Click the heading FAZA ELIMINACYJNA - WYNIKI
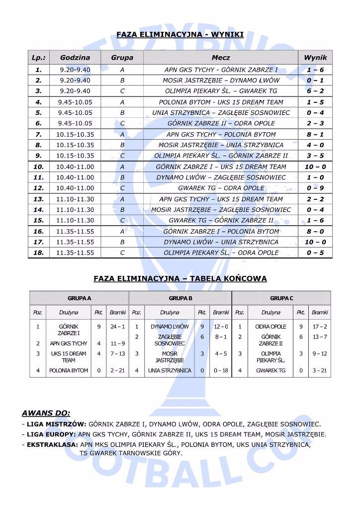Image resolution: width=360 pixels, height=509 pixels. [x=180, y=34]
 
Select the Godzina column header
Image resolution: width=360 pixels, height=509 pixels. [x=75, y=58]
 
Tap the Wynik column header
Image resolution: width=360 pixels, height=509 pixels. [x=315, y=58]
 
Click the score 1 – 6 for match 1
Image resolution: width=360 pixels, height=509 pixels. [x=315, y=70]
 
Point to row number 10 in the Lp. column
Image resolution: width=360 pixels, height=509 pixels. [x=39, y=167]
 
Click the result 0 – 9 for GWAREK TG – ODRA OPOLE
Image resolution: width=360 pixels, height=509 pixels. [x=315, y=188]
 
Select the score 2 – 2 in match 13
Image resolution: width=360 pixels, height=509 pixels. [x=315, y=199]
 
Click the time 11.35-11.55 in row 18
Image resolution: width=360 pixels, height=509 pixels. [x=75, y=253]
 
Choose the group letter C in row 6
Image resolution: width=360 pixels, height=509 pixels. [x=122, y=124]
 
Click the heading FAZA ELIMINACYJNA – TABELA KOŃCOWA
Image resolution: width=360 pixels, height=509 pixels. [x=180, y=279]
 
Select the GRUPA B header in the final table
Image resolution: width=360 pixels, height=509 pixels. [x=180, y=298]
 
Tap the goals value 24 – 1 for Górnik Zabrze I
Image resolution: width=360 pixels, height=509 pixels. [x=118, y=327]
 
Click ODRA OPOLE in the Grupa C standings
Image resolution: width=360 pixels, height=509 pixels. [x=270, y=327]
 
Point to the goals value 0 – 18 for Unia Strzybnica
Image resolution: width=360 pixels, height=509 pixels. [x=221, y=370]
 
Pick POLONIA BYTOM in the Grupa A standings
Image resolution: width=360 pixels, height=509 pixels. [x=69, y=370]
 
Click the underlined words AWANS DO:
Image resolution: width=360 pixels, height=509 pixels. [x=46, y=413]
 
